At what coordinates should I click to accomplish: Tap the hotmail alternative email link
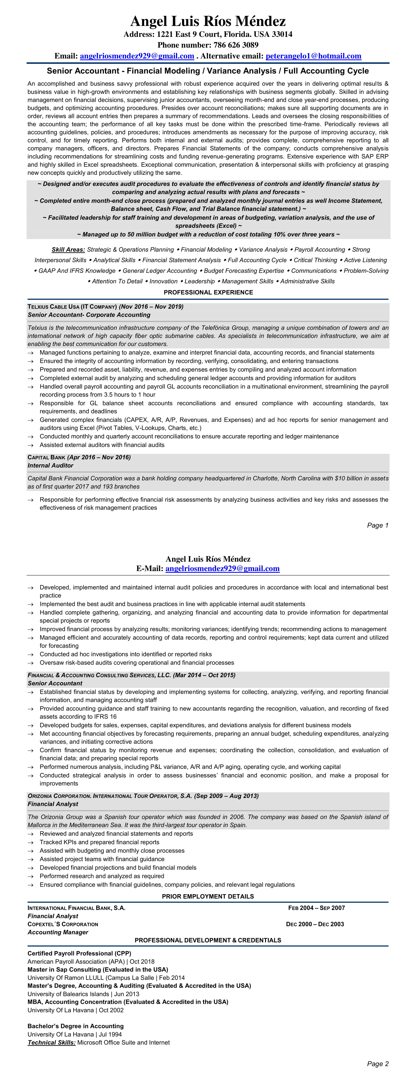pyautogui.click(x=313, y=56)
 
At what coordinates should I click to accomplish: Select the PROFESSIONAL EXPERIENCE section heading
pyautogui.click(x=208, y=292)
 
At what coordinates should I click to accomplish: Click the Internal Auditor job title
pyautogui.click(x=51, y=465)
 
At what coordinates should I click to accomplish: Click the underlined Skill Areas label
pyautogui.click(x=68, y=250)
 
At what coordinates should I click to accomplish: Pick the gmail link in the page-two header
pyautogui.click(x=222, y=569)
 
